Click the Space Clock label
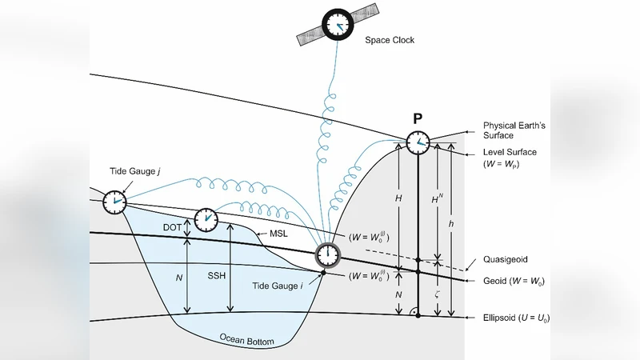[x=390, y=41]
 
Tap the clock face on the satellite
[x=341, y=25]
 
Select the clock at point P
[x=418, y=143]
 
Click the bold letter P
[x=418, y=119]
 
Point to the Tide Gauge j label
[x=133, y=171]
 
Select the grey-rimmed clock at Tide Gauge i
[x=327, y=255]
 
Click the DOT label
[x=172, y=228]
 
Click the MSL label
[x=278, y=234]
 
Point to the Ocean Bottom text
[x=246, y=339]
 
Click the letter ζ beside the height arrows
[x=438, y=294]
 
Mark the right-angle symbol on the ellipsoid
[x=412, y=310]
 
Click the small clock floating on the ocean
[x=207, y=218]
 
